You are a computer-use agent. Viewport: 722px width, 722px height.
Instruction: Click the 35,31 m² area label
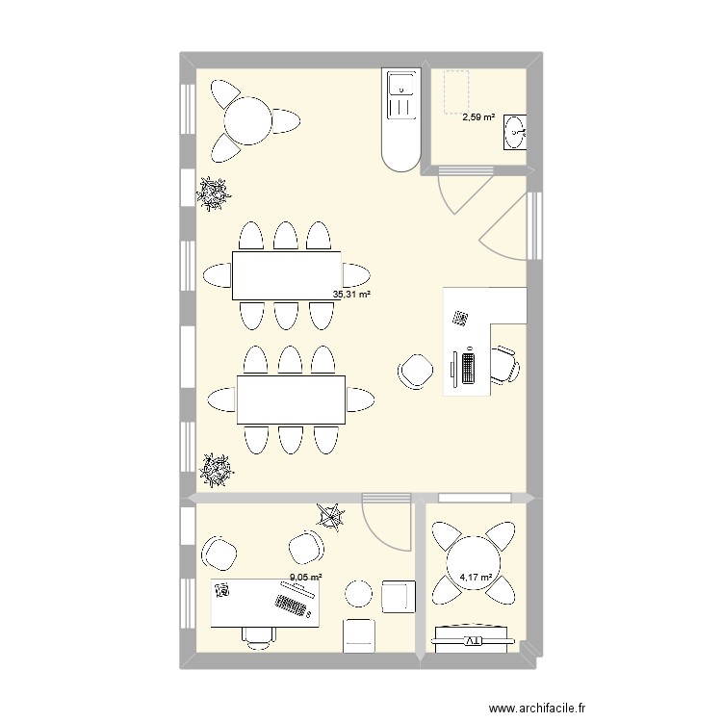tap(351, 295)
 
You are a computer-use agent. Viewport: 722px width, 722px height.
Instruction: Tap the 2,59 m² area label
tap(478, 117)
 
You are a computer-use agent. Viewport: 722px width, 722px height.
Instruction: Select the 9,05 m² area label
tap(306, 577)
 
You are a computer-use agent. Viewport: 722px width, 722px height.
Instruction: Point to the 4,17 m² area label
tap(477, 577)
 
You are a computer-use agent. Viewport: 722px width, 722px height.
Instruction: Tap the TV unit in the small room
tap(473, 638)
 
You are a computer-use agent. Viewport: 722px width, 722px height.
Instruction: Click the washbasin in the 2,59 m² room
tap(515, 132)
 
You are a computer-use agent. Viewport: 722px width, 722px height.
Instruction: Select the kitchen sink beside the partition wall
tap(401, 95)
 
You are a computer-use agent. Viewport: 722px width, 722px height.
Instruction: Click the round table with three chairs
tap(247, 121)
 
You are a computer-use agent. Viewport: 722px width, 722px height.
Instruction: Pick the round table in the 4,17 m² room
tap(474, 562)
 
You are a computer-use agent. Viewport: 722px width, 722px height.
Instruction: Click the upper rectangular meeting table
tap(287, 276)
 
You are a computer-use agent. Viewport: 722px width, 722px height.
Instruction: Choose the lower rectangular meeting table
tap(291, 400)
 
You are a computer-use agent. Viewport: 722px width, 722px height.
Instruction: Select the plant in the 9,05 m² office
tap(330, 517)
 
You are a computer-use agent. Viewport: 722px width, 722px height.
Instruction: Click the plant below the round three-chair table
tap(213, 193)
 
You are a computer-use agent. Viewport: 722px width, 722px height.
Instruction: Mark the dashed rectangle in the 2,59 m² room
tap(456, 92)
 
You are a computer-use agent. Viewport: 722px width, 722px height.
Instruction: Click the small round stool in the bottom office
tap(359, 594)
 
